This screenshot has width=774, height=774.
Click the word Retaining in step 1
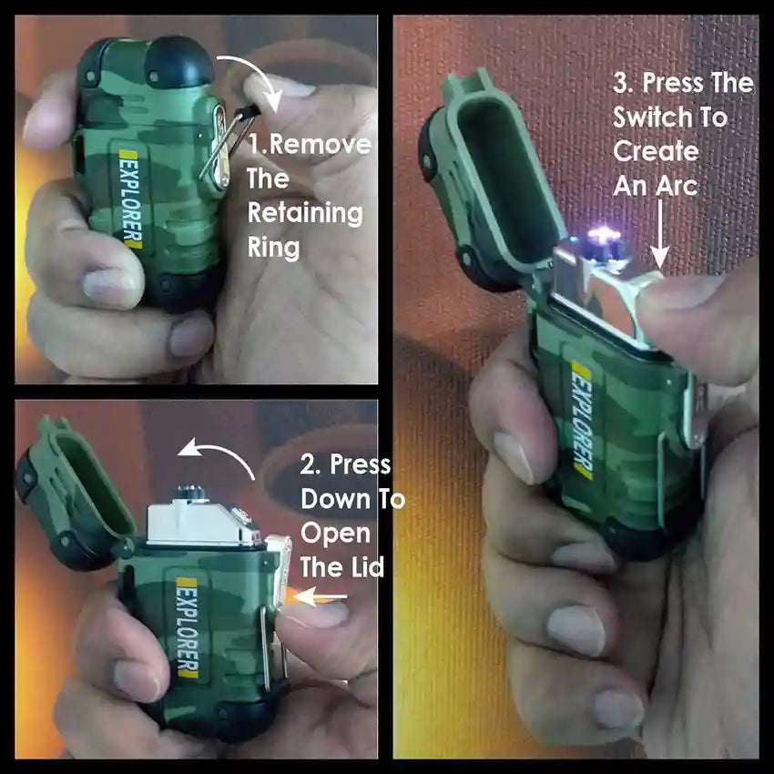(x=305, y=213)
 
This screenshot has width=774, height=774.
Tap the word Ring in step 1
(x=273, y=247)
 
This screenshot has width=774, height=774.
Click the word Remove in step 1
(x=321, y=144)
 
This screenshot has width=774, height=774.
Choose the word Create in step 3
(x=656, y=152)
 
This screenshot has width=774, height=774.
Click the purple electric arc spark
(x=603, y=234)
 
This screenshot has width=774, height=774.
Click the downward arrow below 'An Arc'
(x=659, y=233)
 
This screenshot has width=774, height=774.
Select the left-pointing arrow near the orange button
(x=320, y=596)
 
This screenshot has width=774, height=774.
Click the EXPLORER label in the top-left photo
(x=130, y=199)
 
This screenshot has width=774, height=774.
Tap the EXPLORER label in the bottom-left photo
(x=188, y=627)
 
